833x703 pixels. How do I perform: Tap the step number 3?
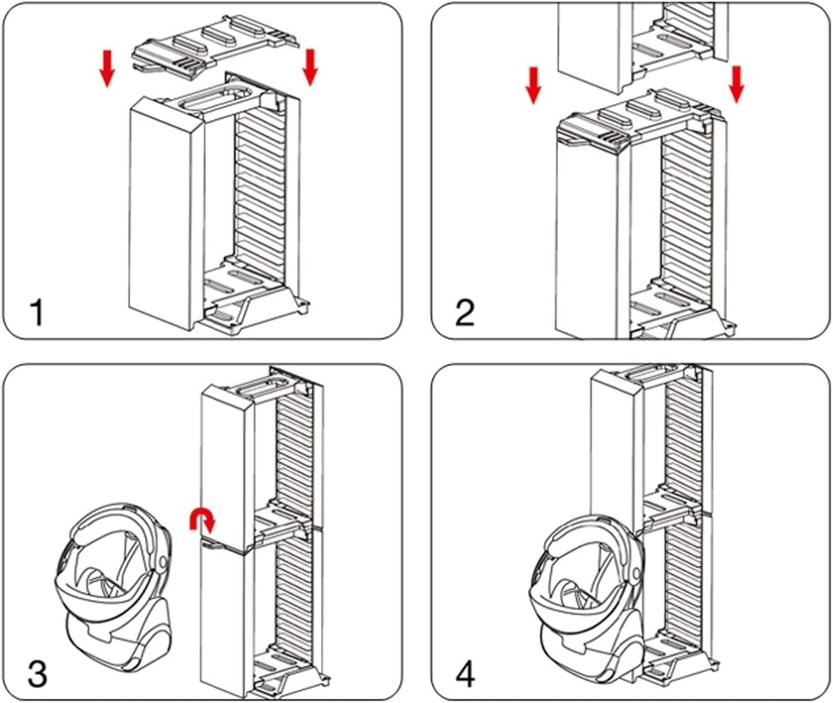(36, 672)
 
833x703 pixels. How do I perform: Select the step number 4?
(465, 672)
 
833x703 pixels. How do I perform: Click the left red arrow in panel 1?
(107, 68)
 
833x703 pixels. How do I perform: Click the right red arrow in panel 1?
(310, 66)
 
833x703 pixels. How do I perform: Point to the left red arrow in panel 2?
(534, 85)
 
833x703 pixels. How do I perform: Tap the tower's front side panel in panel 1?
(160, 213)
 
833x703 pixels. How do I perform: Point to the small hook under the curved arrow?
(212, 545)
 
